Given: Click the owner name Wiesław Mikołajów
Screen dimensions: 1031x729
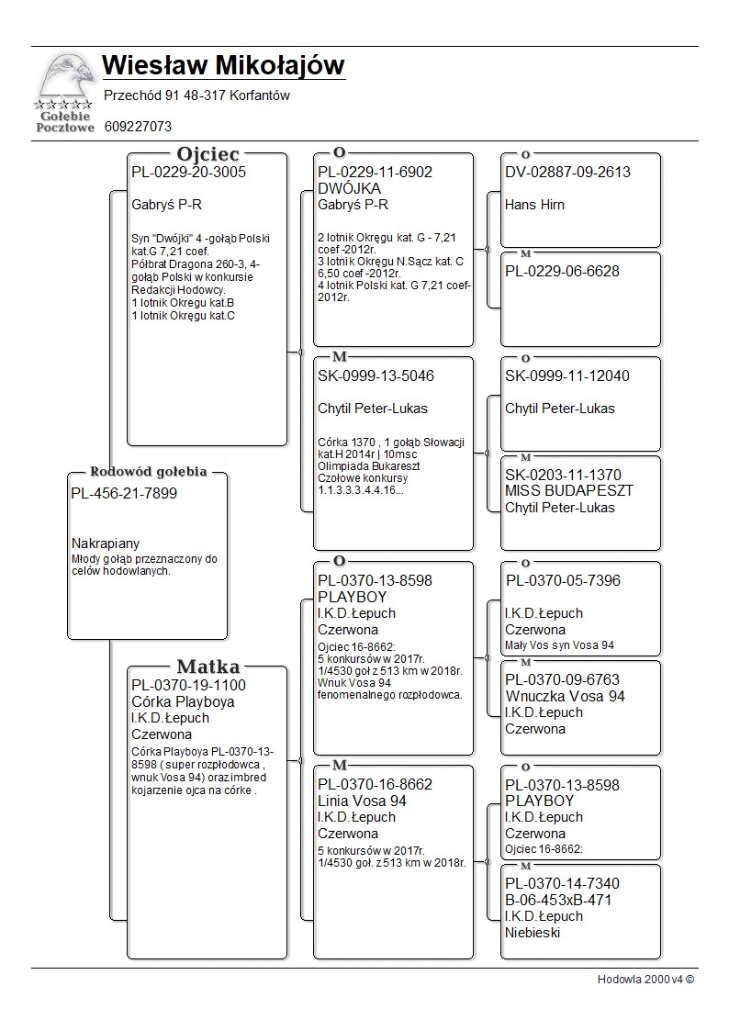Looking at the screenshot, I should pyautogui.click(x=223, y=66).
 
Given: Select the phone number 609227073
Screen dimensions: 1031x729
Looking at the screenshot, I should pyautogui.click(x=138, y=127).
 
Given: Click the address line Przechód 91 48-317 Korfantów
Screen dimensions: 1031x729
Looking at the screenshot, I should pyautogui.click(x=196, y=95).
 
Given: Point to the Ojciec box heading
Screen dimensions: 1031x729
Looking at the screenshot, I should pyautogui.click(x=207, y=154).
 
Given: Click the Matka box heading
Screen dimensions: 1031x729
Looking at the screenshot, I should pyautogui.click(x=207, y=667).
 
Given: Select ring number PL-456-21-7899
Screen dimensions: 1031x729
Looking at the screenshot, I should pyautogui.click(x=124, y=493).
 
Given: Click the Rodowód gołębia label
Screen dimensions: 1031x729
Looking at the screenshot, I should pyautogui.click(x=148, y=472).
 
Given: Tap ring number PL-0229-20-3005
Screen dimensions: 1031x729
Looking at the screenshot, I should pyautogui.click(x=188, y=172).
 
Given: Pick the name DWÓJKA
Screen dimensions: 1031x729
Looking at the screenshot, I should pyautogui.click(x=349, y=188).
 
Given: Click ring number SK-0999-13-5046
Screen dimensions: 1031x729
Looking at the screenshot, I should pyautogui.click(x=376, y=375).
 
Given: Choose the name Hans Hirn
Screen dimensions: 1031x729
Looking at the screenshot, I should pyautogui.click(x=534, y=205).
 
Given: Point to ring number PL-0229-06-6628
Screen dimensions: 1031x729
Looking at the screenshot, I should pyautogui.click(x=562, y=271).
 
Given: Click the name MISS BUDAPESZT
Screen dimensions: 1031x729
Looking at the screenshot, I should pyautogui.click(x=568, y=491).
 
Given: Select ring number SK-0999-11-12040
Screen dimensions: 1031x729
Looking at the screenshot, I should pyautogui.click(x=567, y=375).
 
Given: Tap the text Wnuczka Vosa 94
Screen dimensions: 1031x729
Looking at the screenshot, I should pyautogui.click(x=565, y=696).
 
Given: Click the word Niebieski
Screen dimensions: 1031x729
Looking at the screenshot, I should pyautogui.click(x=533, y=933).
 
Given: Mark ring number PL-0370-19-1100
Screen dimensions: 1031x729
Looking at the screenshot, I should pyautogui.click(x=188, y=685).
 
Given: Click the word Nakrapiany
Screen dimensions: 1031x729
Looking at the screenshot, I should pyautogui.click(x=106, y=544).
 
